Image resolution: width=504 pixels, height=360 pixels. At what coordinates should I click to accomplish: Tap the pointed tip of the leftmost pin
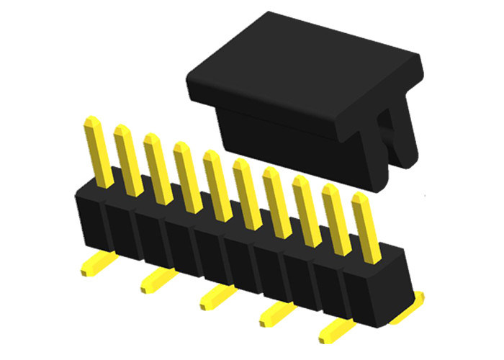(x=91, y=120)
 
